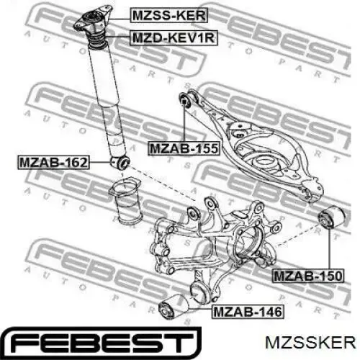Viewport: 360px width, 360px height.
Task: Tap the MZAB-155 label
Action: click(183, 148)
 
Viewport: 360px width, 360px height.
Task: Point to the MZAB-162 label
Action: click(51, 162)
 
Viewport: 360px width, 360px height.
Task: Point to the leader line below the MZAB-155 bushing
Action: click(185, 126)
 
